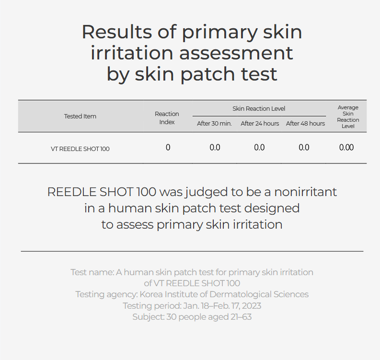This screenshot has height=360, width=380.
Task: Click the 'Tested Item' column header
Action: (x=80, y=116)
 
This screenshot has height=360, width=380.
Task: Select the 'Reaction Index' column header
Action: (x=167, y=118)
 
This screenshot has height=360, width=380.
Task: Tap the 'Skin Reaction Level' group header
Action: (x=259, y=109)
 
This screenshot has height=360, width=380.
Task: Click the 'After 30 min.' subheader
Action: (x=214, y=124)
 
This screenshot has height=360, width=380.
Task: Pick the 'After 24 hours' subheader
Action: (x=260, y=124)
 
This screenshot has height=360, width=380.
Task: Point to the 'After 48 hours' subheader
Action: (x=305, y=124)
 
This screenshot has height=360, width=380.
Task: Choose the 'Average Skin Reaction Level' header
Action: (x=348, y=116)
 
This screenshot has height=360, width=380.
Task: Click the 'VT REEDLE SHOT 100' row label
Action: (x=80, y=149)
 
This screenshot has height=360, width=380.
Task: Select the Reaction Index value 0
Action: (x=168, y=147)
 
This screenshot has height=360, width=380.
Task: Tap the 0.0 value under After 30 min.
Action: (x=215, y=147)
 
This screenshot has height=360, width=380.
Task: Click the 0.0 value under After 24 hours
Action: (x=259, y=147)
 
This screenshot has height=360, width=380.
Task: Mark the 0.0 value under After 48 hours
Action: (x=304, y=147)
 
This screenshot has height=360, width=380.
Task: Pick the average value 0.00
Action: (x=346, y=147)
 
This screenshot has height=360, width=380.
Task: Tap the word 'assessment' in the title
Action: (x=236, y=53)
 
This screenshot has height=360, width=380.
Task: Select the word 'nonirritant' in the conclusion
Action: (x=305, y=192)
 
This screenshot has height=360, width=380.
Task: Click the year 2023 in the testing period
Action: (x=251, y=306)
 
